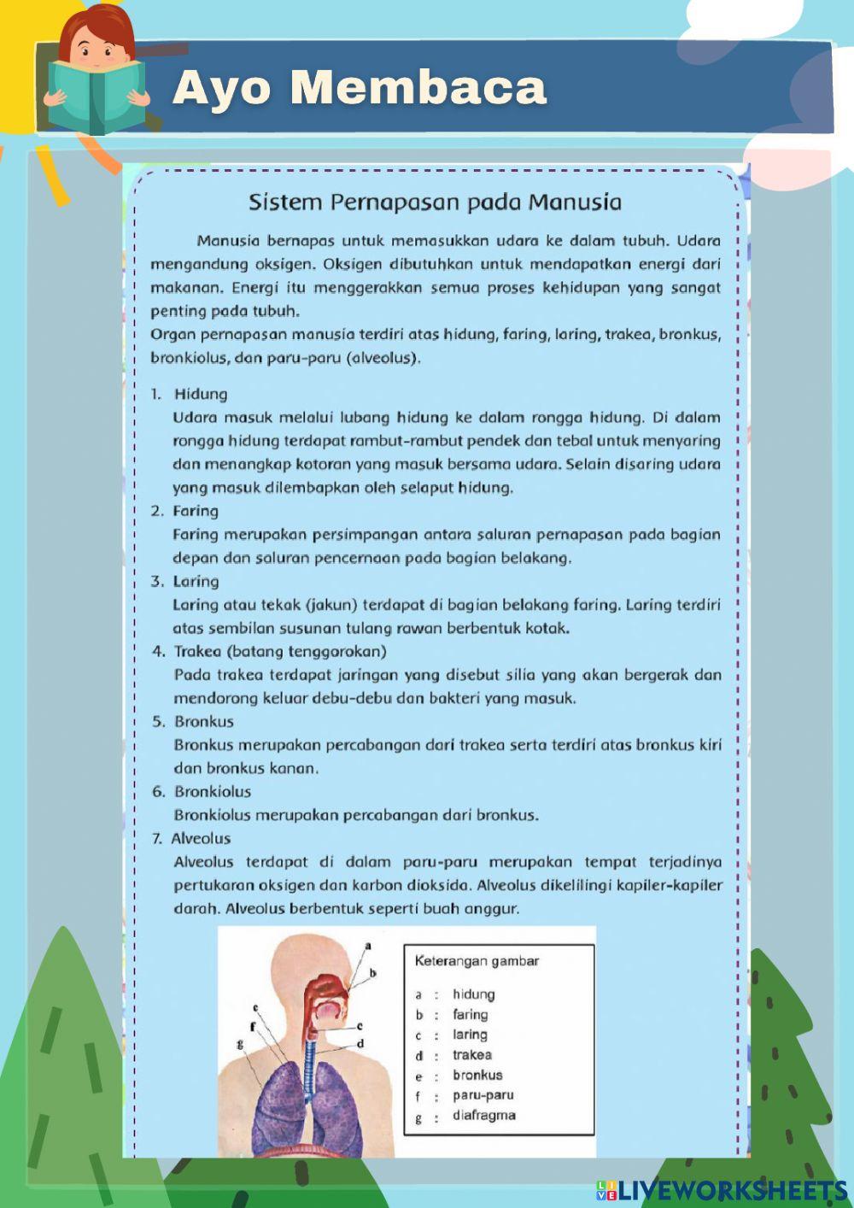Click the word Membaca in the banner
pyautogui.click(x=418, y=87)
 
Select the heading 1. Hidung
pyautogui.click(x=190, y=394)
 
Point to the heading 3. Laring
pyautogui.click(x=185, y=581)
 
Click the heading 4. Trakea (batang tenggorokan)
pyautogui.click(x=270, y=651)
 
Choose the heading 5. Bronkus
pyautogui.click(x=193, y=721)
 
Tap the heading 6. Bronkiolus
pyautogui.click(x=202, y=791)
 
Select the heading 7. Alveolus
pyautogui.click(x=191, y=838)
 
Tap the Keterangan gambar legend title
pyautogui.click(x=477, y=961)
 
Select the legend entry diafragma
pyautogui.click(x=484, y=1115)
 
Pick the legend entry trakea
pyautogui.click(x=472, y=1055)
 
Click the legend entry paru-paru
pyautogui.click(x=483, y=1095)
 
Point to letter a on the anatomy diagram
pyautogui.click(x=368, y=946)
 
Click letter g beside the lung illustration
pyautogui.click(x=240, y=1043)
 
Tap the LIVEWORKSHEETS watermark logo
pyautogui.click(x=722, y=1189)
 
